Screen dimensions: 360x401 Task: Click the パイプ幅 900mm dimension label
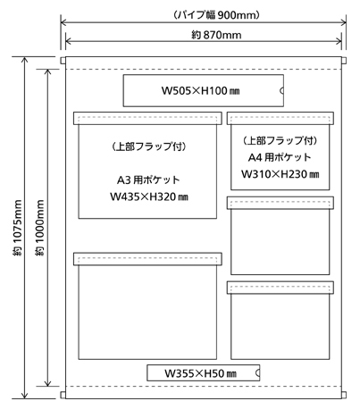click(x=216, y=15)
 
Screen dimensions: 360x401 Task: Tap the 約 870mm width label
click(x=216, y=35)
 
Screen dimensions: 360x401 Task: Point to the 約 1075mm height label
click(x=18, y=228)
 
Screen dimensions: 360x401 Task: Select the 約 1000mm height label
click(x=39, y=228)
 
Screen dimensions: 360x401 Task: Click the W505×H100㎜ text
click(x=201, y=90)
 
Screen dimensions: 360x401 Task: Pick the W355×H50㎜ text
click(x=201, y=373)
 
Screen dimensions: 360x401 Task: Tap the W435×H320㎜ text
click(x=149, y=196)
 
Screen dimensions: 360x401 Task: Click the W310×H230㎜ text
click(x=280, y=174)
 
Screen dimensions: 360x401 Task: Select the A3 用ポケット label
click(x=148, y=180)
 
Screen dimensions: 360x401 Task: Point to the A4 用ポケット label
click(x=280, y=157)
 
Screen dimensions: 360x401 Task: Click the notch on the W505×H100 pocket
click(x=281, y=90)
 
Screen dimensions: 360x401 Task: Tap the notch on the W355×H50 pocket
click(x=257, y=373)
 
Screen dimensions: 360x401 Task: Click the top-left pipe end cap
click(x=63, y=61)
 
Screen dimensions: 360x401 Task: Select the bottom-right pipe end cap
click(x=344, y=395)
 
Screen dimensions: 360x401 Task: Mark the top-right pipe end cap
click(x=344, y=61)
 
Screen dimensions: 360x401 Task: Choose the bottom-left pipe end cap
click(x=63, y=395)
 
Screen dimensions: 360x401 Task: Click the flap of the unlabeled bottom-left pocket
click(x=147, y=259)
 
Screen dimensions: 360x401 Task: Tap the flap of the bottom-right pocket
click(x=280, y=288)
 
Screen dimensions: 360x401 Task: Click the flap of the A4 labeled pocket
click(x=280, y=118)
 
